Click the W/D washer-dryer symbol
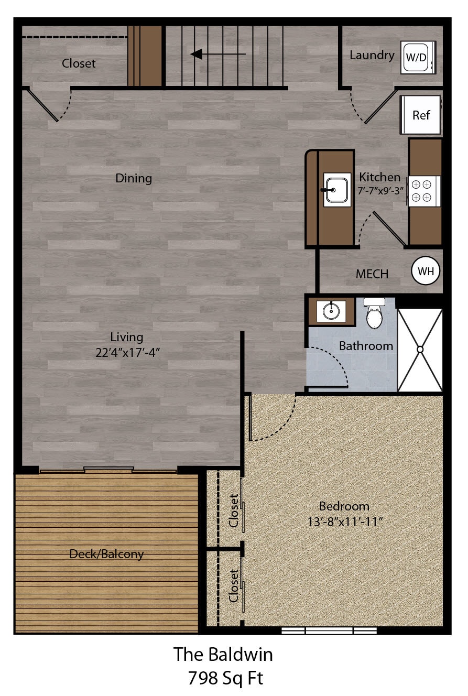[x=418, y=57]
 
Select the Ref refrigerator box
[x=420, y=115]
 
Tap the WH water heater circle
[x=426, y=271]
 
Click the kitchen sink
[x=337, y=189]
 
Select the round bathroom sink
[x=331, y=311]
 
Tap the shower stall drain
[x=420, y=350]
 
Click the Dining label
[x=134, y=178]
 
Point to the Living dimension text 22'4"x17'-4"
[x=127, y=352]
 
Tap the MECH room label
[x=372, y=274]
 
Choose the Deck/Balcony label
[x=106, y=554]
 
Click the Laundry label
[x=372, y=55]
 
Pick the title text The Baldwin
[x=223, y=654]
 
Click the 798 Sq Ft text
[x=225, y=679]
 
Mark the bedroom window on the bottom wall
[x=329, y=630]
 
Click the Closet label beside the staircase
[x=79, y=63]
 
